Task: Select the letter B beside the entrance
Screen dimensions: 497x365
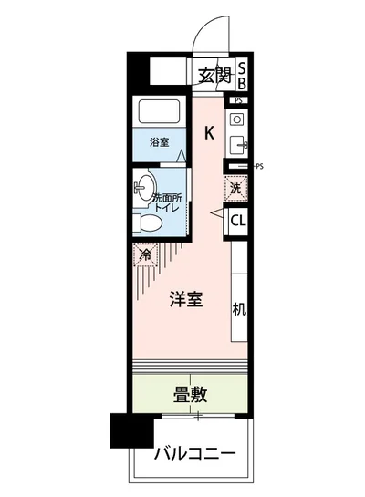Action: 243,82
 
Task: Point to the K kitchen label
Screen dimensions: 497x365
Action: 209,133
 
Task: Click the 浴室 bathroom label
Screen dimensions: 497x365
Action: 162,142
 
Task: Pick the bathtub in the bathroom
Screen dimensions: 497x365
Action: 162,113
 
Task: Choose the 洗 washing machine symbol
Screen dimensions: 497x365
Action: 235,189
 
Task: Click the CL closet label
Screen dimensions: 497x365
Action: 237,220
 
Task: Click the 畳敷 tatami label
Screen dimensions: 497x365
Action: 191,394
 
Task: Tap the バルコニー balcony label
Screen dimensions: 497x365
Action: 194,453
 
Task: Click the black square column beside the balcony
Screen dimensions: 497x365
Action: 130,430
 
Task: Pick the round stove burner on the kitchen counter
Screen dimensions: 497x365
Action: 236,119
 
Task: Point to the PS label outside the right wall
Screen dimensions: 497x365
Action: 260,166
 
